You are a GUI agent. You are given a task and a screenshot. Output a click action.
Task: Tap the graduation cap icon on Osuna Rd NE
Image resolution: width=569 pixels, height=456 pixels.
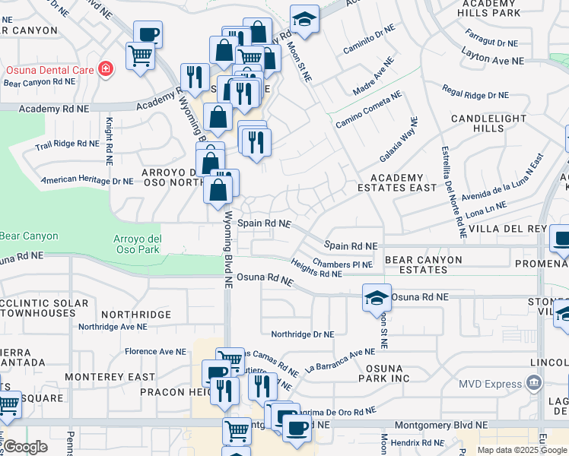[x=377, y=297]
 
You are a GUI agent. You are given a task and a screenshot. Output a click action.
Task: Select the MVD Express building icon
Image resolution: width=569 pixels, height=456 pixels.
[x=536, y=382]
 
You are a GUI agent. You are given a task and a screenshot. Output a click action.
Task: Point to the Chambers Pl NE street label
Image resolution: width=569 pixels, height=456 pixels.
[x=343, y=264]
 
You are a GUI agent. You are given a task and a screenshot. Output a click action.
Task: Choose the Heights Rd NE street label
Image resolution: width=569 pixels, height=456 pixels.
[x=316, y=268]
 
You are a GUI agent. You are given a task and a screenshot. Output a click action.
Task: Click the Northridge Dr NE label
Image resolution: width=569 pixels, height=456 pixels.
[x=303, y=334]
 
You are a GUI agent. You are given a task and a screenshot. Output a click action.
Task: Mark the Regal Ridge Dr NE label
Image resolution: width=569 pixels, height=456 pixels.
[x=475, y=94]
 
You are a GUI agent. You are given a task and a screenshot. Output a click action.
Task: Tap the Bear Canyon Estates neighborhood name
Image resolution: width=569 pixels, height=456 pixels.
[x=423, y=264]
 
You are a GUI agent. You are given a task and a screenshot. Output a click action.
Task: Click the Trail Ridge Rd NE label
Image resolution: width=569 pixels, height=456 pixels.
[x=66, y=143]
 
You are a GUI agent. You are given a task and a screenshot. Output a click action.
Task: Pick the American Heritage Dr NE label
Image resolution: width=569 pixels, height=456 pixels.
[x=87, y=181]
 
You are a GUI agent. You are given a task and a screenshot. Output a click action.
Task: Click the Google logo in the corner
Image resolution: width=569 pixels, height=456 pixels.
[x=25, y=447]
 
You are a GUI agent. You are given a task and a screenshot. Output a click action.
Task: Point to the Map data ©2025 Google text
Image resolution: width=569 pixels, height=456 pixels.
[x=522, y=450]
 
